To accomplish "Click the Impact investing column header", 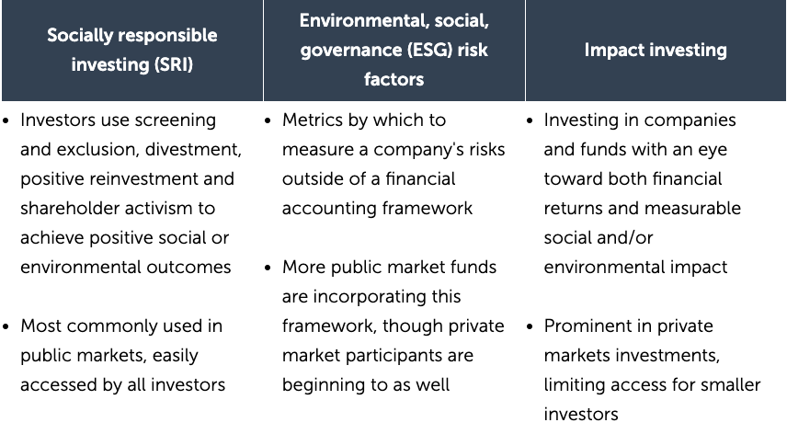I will (656, 50).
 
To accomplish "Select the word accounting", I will (331, 209).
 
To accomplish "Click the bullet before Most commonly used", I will (7, 326).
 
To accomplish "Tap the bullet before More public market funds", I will (269, 268).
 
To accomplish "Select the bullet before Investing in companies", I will (531, 120).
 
